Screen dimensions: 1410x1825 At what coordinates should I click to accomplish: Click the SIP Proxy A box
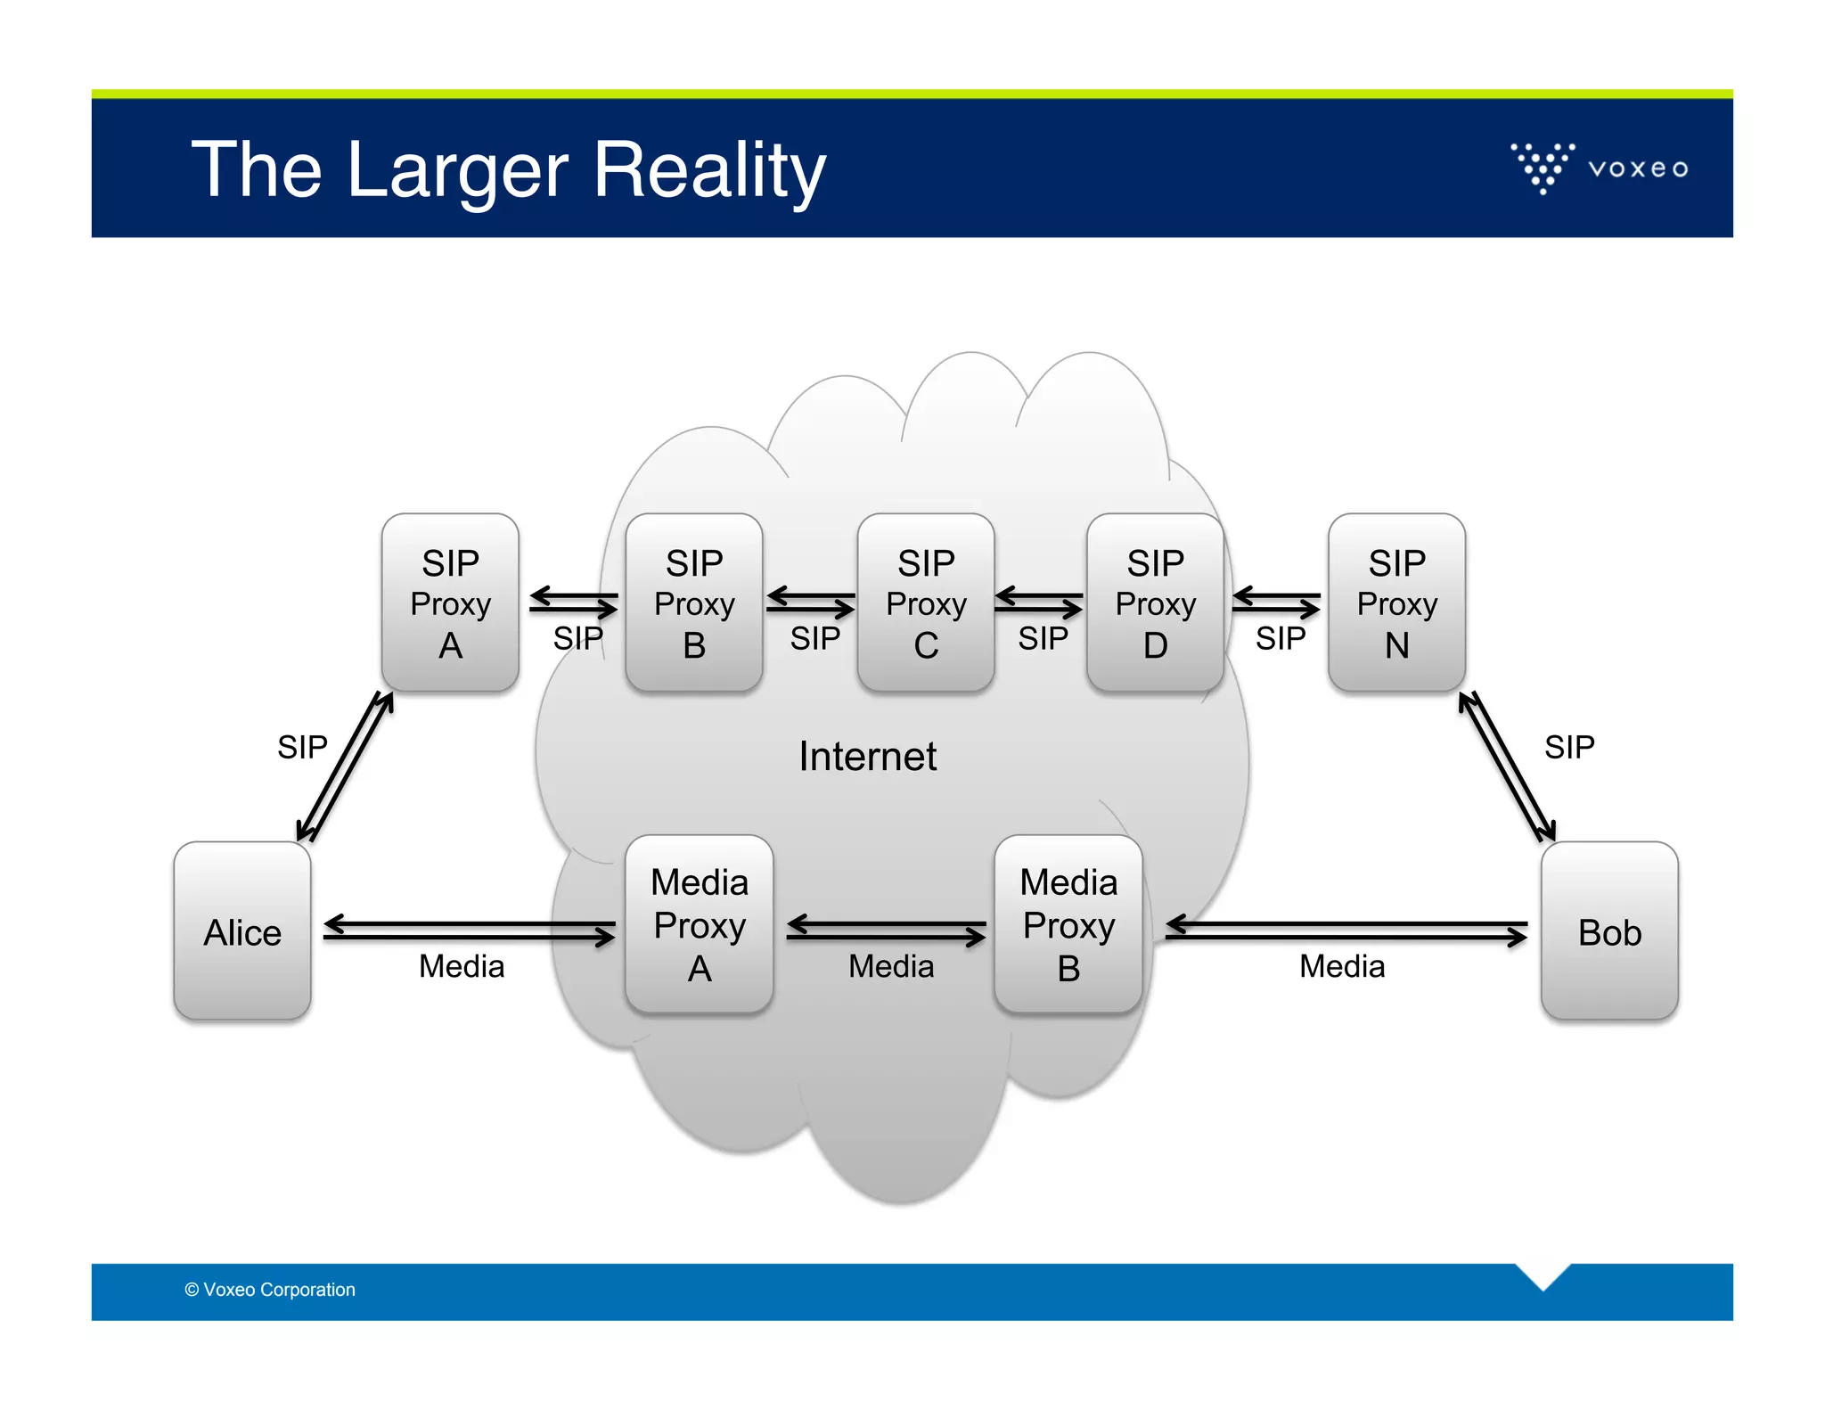450,603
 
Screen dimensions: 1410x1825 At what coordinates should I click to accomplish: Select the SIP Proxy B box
693,603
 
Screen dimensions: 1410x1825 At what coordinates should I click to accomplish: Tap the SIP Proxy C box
925,603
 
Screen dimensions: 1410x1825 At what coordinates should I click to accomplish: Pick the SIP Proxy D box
1155,603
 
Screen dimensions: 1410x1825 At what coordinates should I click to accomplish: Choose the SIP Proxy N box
1396,603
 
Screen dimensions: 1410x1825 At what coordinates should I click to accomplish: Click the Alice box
242,930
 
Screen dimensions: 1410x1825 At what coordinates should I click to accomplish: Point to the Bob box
1609,930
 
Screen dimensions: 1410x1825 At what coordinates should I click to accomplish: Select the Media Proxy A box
699,924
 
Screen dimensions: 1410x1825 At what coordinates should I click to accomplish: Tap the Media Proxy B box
1068,924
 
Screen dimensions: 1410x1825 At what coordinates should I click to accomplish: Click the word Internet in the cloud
867,756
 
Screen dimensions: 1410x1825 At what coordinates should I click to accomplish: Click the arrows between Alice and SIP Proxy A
346,767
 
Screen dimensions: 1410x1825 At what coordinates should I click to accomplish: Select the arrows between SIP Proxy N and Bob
1508,767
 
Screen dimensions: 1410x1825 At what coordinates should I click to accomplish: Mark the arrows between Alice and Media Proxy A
469,930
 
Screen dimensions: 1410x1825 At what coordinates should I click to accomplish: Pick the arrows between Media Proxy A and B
886,930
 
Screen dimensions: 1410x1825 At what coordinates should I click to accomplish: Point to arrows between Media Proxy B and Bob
1346,930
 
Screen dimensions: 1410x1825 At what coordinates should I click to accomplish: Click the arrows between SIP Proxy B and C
810,603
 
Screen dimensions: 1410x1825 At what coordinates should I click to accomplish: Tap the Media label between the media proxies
891,966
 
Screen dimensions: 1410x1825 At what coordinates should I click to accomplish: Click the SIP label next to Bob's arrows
1569,747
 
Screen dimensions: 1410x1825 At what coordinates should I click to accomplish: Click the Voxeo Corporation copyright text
270,1290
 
